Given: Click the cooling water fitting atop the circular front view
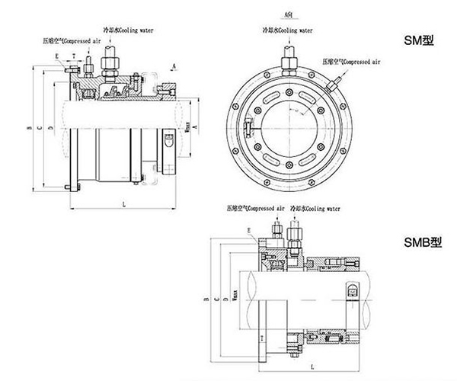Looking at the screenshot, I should (290, 57).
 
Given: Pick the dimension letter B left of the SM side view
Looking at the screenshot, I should (29, 129).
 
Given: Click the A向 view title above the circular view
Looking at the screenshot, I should (286, 14).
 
